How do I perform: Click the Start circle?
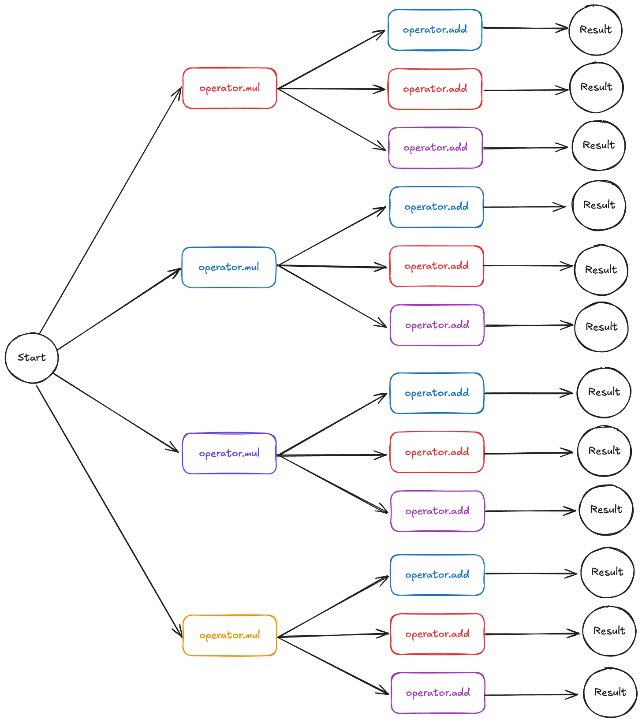pos(32,358)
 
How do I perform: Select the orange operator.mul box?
pos(230,635)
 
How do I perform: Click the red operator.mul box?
pos(230,88)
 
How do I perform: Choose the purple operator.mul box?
pos(230,453)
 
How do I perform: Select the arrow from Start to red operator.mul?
pos(110,209)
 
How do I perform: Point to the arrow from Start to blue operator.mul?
pos(119,309)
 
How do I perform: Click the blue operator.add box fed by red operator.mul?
pos(435,30)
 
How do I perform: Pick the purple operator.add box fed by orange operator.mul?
pos(438,693)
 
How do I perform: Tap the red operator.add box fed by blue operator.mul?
pos(437,266)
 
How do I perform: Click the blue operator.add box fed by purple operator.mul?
pos(437,393)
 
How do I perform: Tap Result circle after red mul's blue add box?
pos(595,30)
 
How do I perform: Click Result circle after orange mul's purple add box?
pos(610,693)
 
